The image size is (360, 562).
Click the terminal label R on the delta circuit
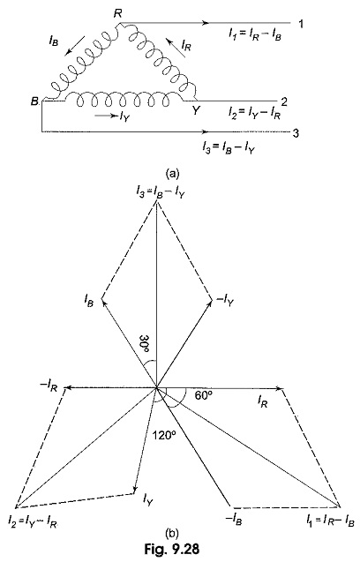click(x=117, y=14)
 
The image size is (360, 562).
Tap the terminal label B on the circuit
click(x=34, y=101)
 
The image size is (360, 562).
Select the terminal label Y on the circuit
click(x=195, y=111)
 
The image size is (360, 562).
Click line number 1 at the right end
click(x=301, y=24)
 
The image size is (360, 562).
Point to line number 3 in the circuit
click(x=296, y=134)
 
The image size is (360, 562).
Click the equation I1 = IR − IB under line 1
click(x=255, y=34)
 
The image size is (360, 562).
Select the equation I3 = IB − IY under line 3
click(x=229, y=148)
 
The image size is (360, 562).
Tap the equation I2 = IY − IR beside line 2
click(x=255, y=114)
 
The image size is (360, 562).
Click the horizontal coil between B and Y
click(x=124, y=99)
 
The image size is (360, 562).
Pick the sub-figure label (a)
click(x=172, y=174)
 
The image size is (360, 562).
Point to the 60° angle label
click(x=204, y=395)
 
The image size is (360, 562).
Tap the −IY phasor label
click(x=223, y=302)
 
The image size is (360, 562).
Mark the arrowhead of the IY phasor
click(x=136, y=490)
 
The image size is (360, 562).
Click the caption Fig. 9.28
click(x=172, y=549)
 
